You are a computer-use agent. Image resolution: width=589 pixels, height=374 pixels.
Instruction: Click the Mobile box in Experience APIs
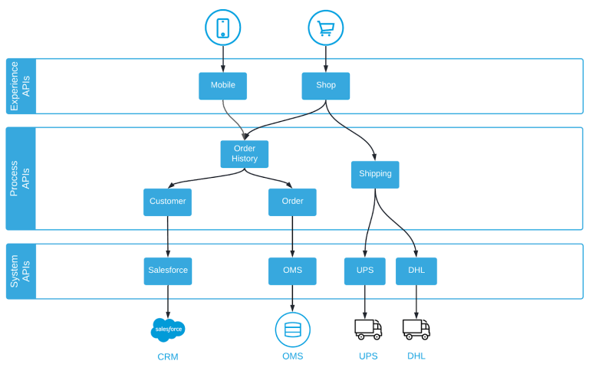click(x=222, y=86)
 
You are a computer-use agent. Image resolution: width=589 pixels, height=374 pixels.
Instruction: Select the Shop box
click(x=326, y=86)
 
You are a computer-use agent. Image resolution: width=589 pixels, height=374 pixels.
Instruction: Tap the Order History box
click(x=245, y=154)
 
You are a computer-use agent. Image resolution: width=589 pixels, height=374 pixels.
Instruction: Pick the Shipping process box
click(x=375, y=174)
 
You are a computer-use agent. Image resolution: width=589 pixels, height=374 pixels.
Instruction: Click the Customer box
click(x=167, y=202)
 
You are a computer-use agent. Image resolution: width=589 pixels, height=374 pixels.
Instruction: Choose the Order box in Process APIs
click(x=292, y=202)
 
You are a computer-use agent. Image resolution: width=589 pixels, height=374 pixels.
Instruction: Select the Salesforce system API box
click(x=168, y=271)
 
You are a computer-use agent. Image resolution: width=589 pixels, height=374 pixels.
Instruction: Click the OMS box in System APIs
click(x=292, y=271)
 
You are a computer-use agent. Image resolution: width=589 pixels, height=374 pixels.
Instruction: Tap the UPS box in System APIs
click(x=364, y=271)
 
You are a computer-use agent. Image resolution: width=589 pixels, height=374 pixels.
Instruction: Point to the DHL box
click(x=416, y=271)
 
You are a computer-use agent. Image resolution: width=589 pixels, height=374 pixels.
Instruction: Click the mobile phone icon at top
click(x=223, y=28)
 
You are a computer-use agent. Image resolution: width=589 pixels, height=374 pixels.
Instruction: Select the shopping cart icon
click(x=326, y=28)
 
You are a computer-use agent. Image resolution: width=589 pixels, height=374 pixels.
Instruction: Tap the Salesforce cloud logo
click(x=168, y=330)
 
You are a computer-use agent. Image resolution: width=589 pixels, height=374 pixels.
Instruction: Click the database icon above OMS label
click(x=292, y=330)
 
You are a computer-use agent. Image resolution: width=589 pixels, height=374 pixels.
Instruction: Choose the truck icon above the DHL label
click(x=416, y=329)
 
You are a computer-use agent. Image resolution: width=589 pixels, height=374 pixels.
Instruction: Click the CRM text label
click(x=168, y=356)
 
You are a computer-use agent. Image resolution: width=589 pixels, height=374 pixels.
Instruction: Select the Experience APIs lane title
click(x=21, y=86)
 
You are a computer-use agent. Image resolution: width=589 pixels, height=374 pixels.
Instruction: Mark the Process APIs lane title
click(x=21, y=179)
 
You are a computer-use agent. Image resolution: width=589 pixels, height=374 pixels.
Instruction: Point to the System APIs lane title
click(x=21, y=271)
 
